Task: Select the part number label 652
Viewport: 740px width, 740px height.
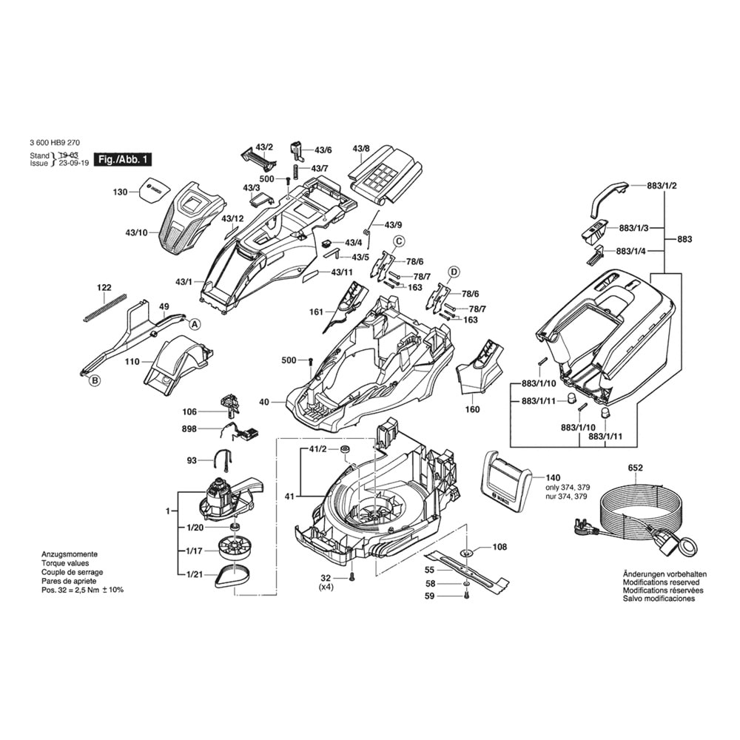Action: pyautogui.click(x=636, y=468)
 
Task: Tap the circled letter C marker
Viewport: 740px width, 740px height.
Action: pyautogui.click(x=398, y=240)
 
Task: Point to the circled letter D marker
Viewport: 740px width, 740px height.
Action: pyautogui.click(x=454, y=272)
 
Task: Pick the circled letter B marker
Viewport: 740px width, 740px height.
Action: pyautogui.click(x=94, y=381)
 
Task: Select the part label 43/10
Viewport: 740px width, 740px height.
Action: pyautogui.click(x=136, y=233)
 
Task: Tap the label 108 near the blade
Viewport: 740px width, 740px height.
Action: pyautogui.click(x=499, y=548)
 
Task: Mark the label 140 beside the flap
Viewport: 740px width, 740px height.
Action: pyautogui.click(x=553, y=478)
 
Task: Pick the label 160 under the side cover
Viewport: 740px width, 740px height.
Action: pyautogui.click(x=472, y=409)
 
